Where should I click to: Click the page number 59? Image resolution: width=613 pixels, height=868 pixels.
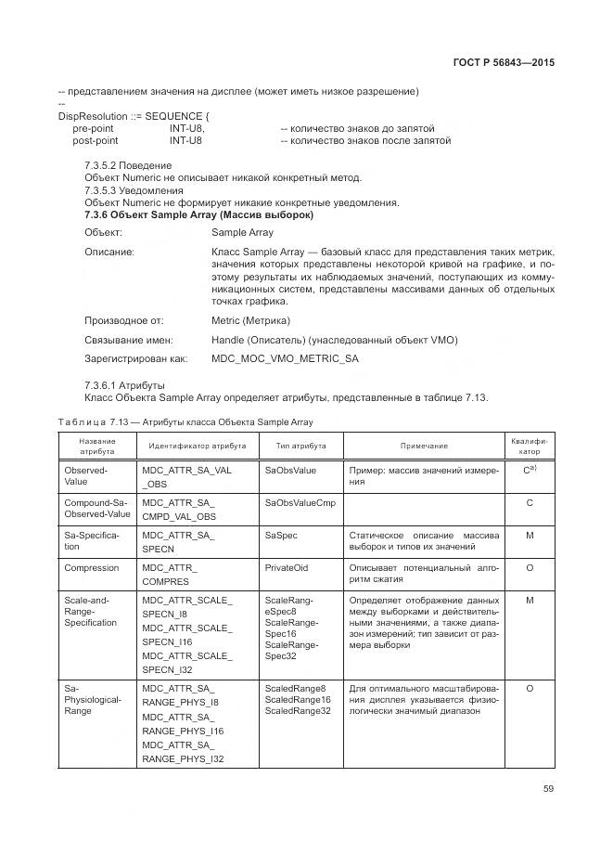point(547,790)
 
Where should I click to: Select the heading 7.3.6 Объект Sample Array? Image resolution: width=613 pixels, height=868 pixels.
point(198,214)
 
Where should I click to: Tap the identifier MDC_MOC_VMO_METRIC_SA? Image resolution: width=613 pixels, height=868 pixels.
point(285,357)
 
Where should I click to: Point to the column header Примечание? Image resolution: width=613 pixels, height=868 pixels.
point(423,447)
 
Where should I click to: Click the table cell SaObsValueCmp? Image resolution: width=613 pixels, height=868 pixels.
point(300,502)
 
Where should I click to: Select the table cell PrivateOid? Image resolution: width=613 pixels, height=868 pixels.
point(287,567)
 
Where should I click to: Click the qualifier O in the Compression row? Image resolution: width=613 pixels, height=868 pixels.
point(530,567)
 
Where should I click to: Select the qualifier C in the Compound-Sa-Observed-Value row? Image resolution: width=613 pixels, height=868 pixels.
point(530,502)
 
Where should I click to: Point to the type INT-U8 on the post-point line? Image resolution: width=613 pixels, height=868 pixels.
point(185,141)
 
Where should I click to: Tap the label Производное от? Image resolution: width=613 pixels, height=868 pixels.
point(123,320)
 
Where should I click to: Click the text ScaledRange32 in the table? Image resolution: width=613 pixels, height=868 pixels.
point(298,711)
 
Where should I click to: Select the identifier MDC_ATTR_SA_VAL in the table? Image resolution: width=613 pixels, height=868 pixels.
point(186,471)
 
